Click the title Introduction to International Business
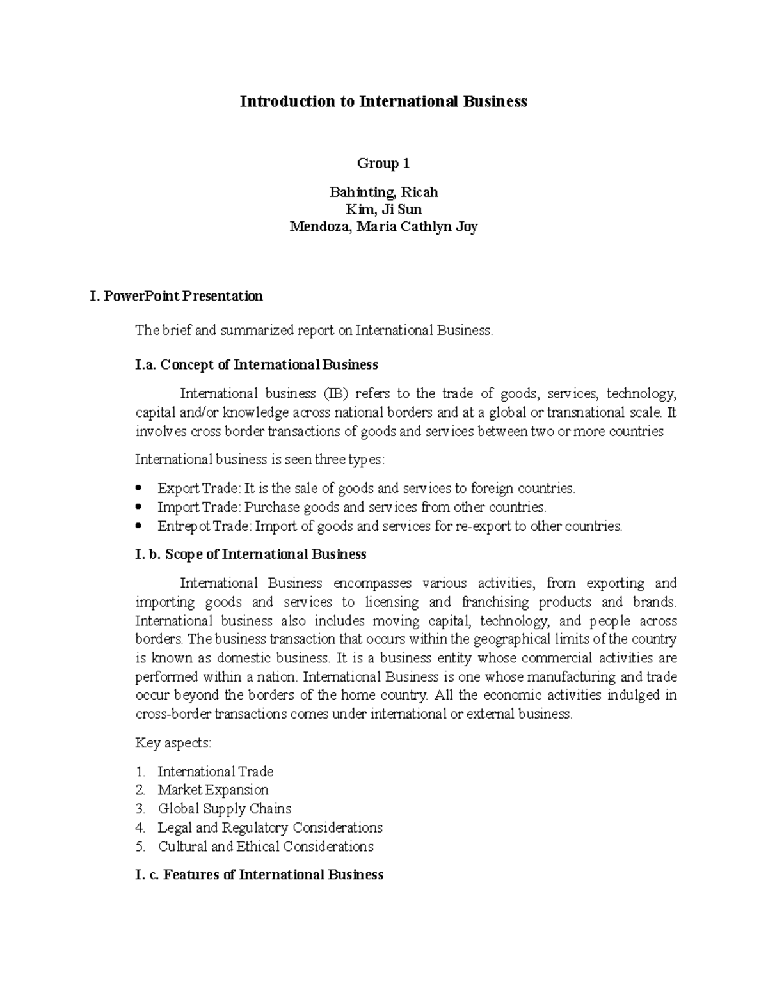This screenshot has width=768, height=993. pos(383,102)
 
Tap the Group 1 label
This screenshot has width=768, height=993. pos(383,164)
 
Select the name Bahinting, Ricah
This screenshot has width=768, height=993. pos(383,192)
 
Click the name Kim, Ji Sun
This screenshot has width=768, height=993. pos(383,210)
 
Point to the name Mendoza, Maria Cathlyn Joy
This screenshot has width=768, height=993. pos(383,227)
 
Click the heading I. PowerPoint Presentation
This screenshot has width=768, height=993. pos(177,296)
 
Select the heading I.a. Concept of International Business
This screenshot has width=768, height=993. pos(257,365)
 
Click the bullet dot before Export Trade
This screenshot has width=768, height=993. pos(140,489)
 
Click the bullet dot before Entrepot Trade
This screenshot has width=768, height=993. pos(140,527)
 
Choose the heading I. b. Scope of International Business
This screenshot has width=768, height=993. pos(251,554)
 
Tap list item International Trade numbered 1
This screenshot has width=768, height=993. pos(215,772)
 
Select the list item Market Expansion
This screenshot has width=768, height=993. pos(213,790)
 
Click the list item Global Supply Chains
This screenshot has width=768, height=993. pos(224,809)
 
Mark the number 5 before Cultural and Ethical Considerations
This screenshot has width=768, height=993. pos(141,847)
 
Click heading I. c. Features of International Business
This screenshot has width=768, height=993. pos(259,875)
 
